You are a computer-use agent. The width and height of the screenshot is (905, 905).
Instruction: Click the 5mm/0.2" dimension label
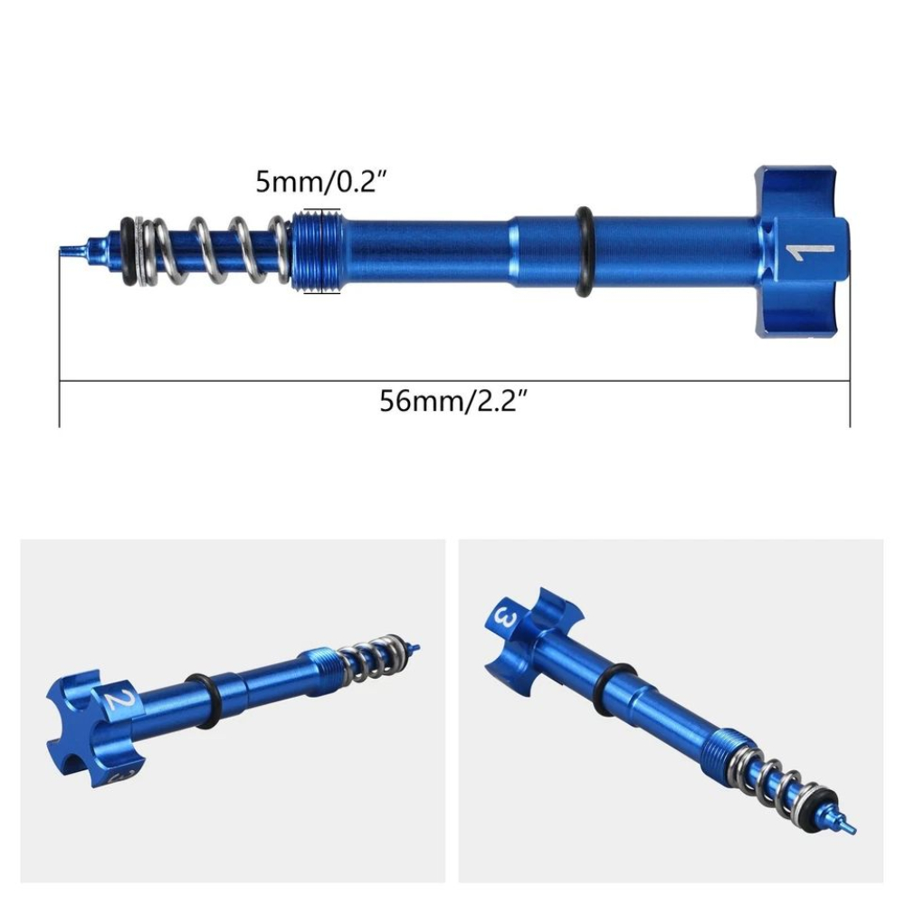click(322, 183)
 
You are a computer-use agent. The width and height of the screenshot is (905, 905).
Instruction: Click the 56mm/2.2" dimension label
click(453, 400)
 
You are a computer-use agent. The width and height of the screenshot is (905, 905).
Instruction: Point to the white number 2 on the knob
click(115, 700)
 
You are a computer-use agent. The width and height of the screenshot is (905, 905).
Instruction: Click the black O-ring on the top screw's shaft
click(584, 252)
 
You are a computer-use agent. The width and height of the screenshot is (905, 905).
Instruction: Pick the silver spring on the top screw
click(217, 251)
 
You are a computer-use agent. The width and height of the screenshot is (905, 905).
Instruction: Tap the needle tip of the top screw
click(69, 250)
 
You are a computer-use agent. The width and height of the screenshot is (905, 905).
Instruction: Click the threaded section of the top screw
click(317, 251)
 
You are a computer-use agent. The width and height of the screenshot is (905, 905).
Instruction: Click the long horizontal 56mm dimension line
click(453, 380)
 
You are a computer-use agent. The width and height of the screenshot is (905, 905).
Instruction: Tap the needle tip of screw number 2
click(415, 646)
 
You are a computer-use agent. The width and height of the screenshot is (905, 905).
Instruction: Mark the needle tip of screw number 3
click(850, 828)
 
